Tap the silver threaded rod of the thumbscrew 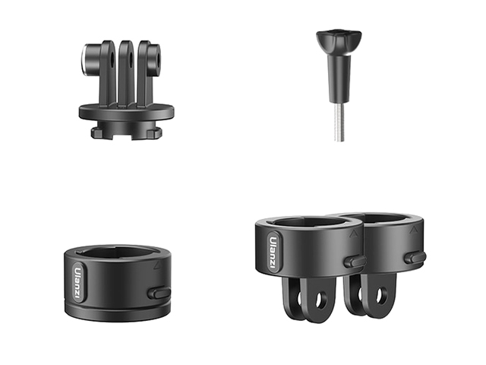(339, 122)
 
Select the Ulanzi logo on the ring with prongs (273, 251)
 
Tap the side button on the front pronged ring (355, 261)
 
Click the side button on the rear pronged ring (415, 258)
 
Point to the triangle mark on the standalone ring (157, 265)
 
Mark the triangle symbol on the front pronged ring (353, 233)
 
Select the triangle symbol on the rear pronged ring (413, 230)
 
